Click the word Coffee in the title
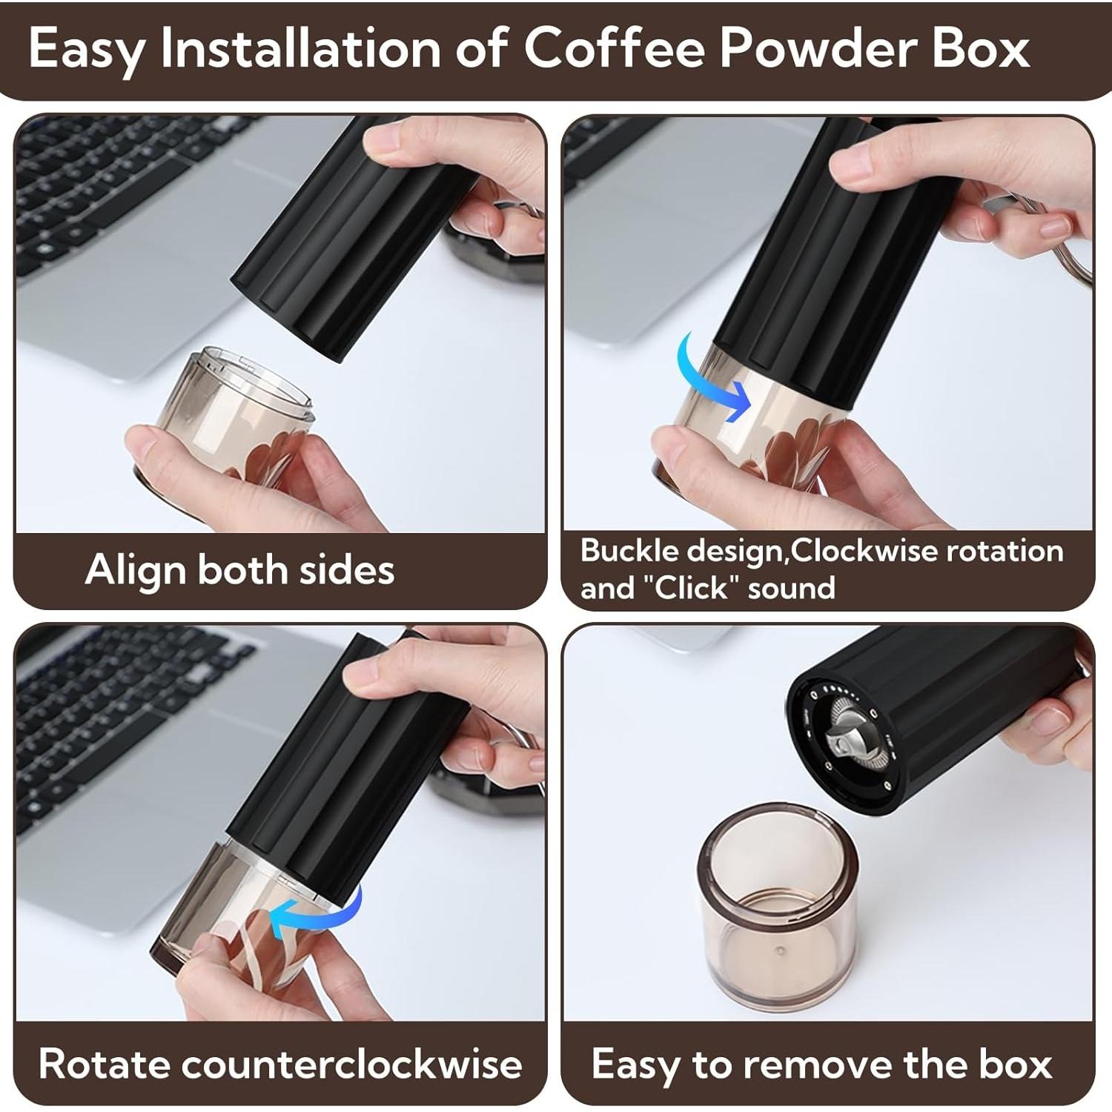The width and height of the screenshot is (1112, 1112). pyautogui.click(x=615, y=49)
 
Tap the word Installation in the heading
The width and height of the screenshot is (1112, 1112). pyautogui.click(x=301, y=49)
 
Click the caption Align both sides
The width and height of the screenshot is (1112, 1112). pyautogui.click(x=239, y=570)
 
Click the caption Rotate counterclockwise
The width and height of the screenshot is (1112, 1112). pyautogui.click(x=279, y=1064)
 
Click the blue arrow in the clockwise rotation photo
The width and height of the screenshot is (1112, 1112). pyautogui.click(x=715, y=378)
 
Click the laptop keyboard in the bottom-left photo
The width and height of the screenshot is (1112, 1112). pyautogui.click(x=111, y=712)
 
